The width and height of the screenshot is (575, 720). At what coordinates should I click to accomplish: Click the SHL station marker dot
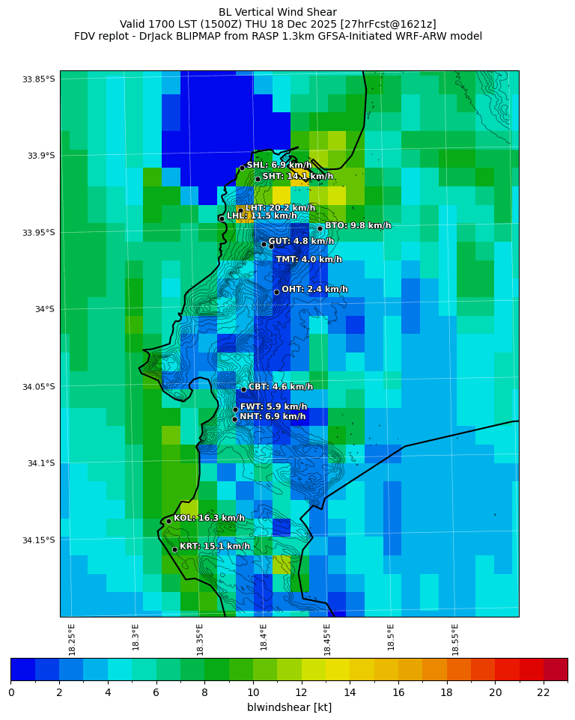point(242,168)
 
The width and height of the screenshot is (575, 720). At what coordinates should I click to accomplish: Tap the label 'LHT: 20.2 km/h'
point(280,208)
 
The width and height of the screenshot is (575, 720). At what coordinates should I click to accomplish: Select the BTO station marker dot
point(320,228)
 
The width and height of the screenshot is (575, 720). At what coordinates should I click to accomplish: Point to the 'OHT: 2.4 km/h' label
point(314,289)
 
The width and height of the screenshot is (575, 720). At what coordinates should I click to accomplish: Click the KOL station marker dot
point(168,521)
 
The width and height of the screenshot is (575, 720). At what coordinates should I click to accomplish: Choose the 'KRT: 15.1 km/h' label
point(215,546)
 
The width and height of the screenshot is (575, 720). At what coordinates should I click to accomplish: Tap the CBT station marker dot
point(243,389)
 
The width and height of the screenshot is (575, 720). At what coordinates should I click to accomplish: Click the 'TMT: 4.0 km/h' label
point(308,260)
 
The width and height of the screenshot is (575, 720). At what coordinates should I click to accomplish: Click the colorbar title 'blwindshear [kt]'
point(289,707)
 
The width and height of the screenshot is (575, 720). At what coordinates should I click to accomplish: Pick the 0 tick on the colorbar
point(11,692)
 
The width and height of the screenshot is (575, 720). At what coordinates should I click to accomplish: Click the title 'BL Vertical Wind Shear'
point(278,12)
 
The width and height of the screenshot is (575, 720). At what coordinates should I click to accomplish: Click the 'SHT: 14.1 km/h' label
point(297,177)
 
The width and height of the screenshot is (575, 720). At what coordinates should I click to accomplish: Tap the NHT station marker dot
point(234,419)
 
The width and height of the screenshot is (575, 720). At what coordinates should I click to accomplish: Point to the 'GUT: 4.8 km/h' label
point(301,242)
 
